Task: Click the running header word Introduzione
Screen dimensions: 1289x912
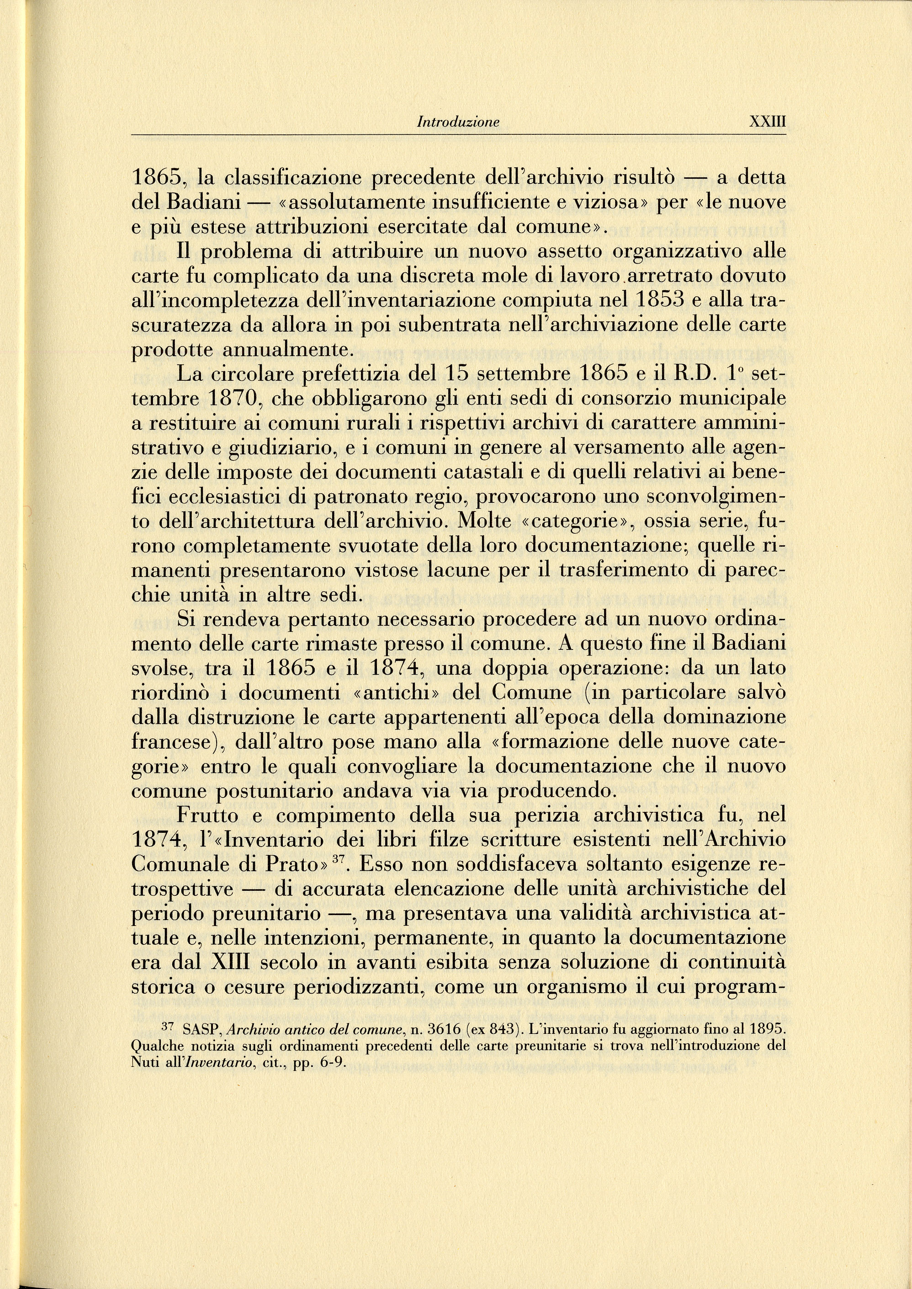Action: [458, 123]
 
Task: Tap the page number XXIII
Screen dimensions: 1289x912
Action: [768, 123]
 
